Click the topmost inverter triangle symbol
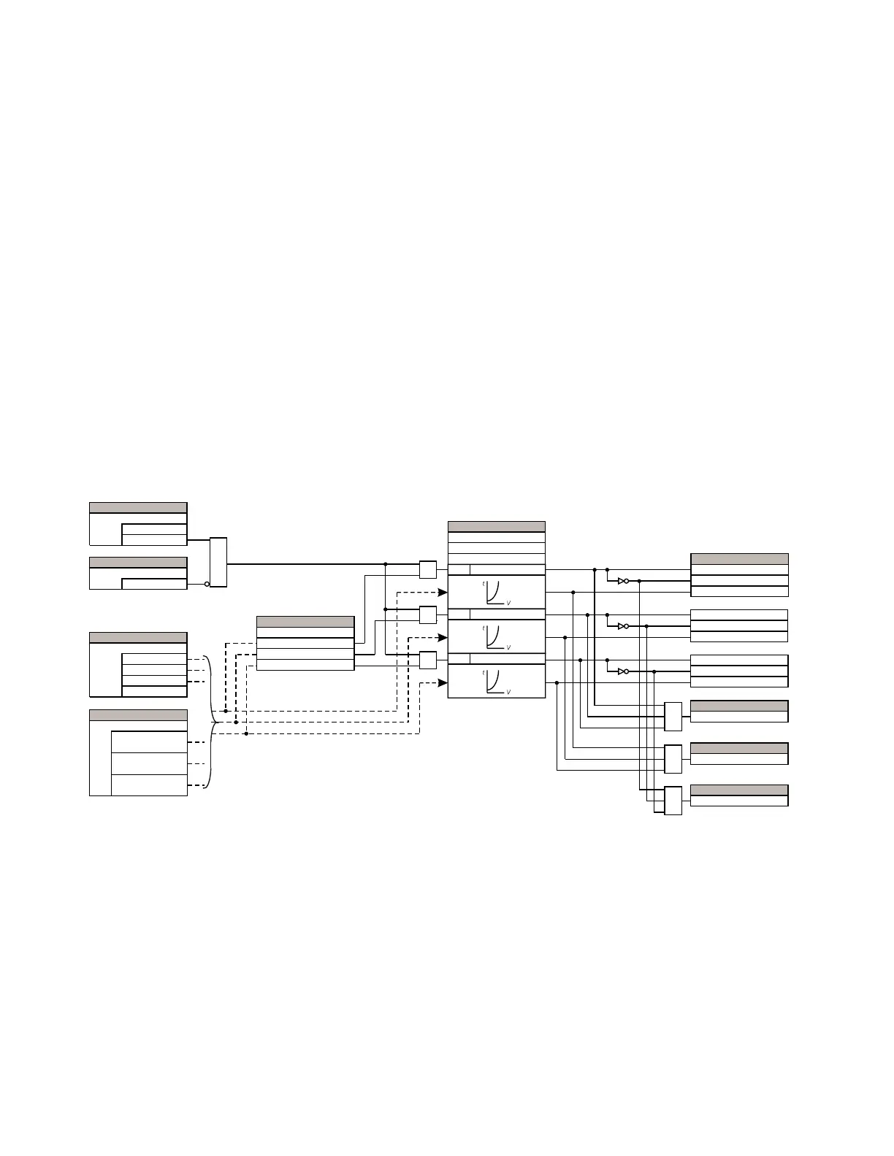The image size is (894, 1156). point(622,581)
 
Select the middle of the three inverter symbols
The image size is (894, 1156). point(622,626)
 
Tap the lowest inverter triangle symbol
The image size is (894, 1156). point(622,671)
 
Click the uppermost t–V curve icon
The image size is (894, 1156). point(496,592)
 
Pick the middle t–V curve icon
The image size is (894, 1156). point(496,637)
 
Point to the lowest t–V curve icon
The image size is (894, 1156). point(496,682)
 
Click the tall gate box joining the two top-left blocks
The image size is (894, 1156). point(218,562)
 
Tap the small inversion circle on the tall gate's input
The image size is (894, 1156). point(207,584)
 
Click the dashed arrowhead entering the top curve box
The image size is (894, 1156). point(443,592)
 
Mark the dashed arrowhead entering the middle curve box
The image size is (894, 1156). point(443,637)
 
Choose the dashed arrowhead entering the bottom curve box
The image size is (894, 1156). point(443,683)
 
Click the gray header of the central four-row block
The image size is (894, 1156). point(305,622)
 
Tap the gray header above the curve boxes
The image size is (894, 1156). point(496,526)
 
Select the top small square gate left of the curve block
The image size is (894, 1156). point(428,569)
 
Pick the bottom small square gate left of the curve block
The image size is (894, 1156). point(428,660)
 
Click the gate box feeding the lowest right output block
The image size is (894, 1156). point(673,801)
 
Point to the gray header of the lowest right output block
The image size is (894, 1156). point(738,790)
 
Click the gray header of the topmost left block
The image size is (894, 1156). point(137,507)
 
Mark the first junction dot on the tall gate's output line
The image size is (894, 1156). point(385,564)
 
